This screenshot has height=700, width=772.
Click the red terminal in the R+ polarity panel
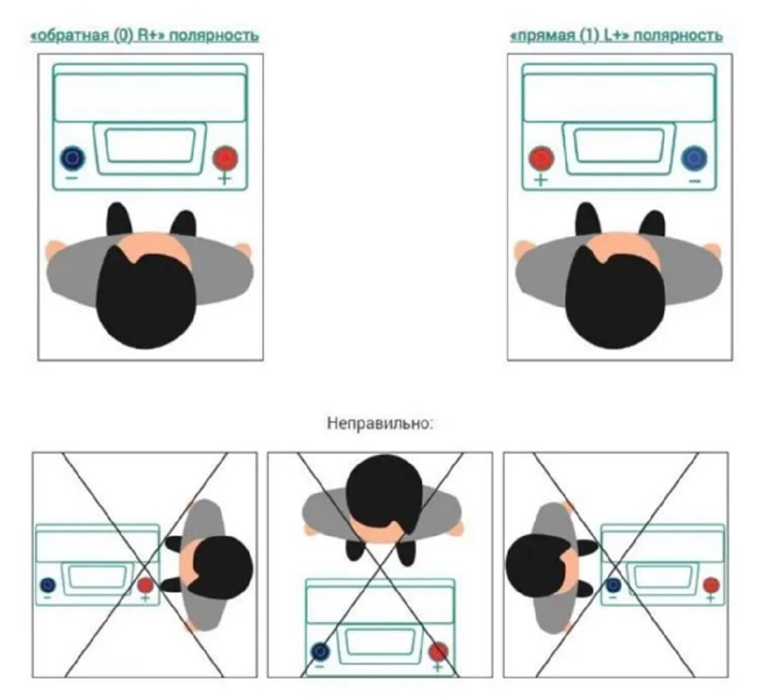tap(225, 157)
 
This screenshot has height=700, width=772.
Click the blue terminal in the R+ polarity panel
tap(72, 157)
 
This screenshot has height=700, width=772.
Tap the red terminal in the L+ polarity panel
tap(541, 157)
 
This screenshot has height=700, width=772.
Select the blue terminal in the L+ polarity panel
tap(694, 157)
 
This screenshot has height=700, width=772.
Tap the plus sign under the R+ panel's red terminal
tap(225, 179)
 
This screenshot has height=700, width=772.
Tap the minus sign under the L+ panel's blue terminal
tap(694, 181)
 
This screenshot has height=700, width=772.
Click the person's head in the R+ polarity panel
tap(145, 298)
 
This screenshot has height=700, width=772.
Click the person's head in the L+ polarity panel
tap(614, 298)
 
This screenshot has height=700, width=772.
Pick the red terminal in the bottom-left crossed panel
tap(145, 584)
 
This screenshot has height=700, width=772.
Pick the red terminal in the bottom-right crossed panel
tap(711, 584)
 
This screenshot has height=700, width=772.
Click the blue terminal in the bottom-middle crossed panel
tap(321, 651)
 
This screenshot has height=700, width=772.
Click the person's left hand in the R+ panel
tap(54, 249)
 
